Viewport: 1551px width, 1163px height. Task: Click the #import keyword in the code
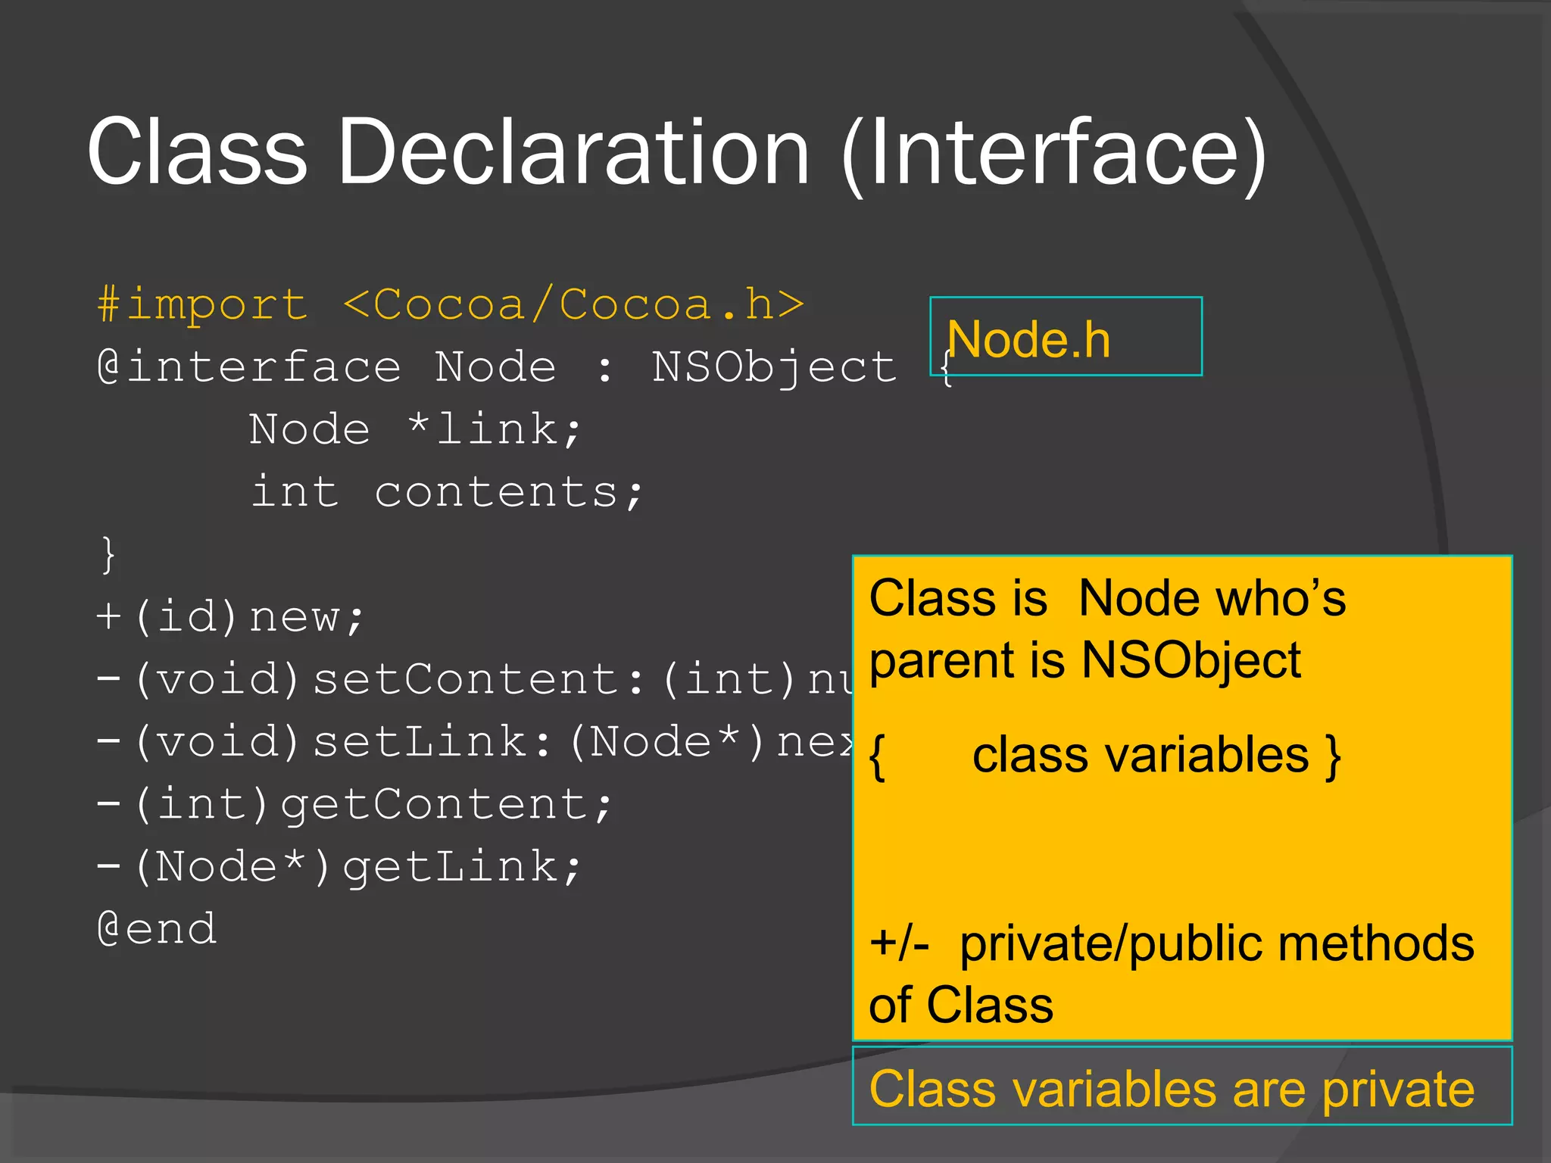[x=203, y=304]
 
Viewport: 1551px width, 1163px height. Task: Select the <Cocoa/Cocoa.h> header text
[x=574, y=304]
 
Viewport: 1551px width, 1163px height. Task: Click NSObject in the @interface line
[x=774, y=367]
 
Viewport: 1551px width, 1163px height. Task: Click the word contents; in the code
[x=509, y=492]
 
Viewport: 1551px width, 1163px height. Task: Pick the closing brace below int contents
[x=108, y=554]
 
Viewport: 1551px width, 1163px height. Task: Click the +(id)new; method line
[x=230, y=617]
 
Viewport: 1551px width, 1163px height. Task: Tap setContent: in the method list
[x=479, y=679]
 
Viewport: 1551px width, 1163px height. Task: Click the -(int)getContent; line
[x=354, y=804]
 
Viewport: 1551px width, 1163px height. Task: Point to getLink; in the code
[x=462, y=867]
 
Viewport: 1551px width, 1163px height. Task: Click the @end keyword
[x=158, y=929]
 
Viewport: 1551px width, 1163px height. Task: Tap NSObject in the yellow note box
[x=1191, y=660]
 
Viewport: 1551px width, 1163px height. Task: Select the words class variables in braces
[x=1141, y=755]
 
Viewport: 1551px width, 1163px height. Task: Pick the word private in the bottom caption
[x=1398, y=1089]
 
